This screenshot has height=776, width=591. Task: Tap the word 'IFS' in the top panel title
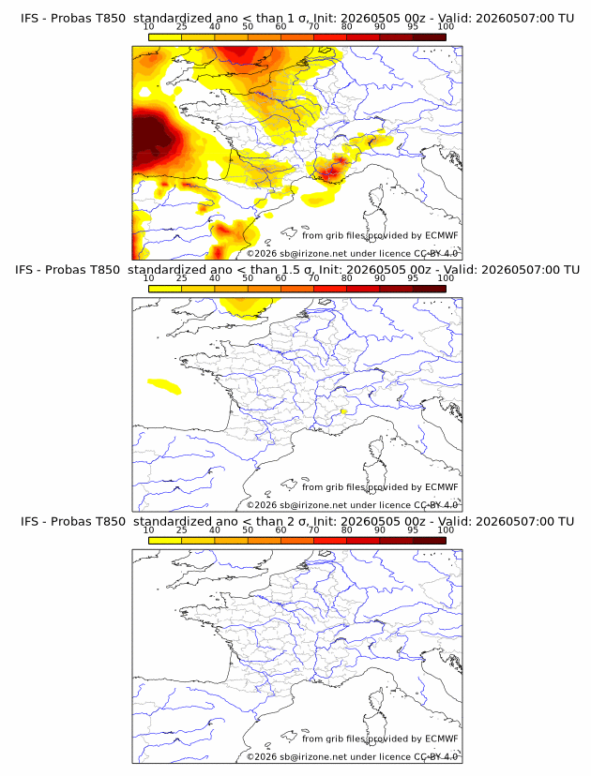[29, 19]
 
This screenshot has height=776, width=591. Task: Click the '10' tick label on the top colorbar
[148, 27]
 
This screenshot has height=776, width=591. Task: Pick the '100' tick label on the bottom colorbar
[446, 530]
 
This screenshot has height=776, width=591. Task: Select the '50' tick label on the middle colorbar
[248, 278]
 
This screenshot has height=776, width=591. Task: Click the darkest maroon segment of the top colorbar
[429, 37]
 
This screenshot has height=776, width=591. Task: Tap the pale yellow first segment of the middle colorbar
[165, 289]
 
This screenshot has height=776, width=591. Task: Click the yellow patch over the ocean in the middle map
[164, 386]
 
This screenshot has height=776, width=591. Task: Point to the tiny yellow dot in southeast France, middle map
[343, 411]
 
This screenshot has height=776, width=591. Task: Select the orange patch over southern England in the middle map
[245, 307]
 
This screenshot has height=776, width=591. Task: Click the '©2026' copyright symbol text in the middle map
[262, 505]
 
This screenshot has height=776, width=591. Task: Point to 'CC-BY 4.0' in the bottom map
[435, 756]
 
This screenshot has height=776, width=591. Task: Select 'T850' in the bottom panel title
[111, 522]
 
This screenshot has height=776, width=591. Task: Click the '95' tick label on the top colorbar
[413, 27]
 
